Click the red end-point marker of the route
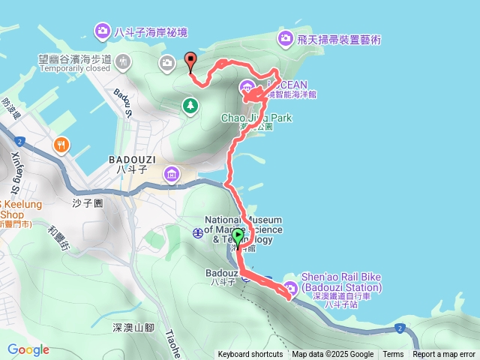pos(190,61)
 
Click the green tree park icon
pos(190,106)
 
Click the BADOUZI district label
pos(131,160)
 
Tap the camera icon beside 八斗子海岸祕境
pos(101,31)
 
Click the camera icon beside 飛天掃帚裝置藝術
pos(284,37)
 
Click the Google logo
pos(28,349)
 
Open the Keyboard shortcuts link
pos(250,355)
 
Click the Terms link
pos(393,355)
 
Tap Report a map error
pos(443,355)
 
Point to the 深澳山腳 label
pos(133,328)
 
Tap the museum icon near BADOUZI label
pos(172,175)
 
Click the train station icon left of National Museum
pos(197,232)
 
